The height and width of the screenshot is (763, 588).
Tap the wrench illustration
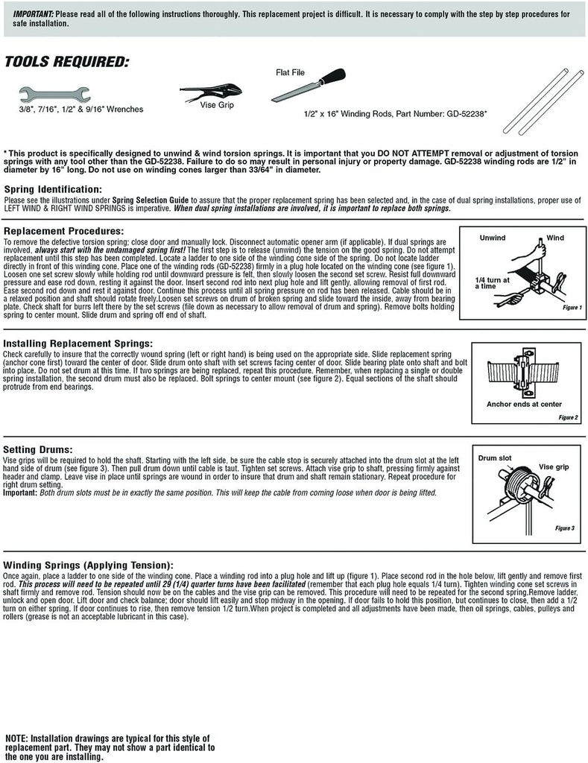pyautogui.click(x=54, y=94)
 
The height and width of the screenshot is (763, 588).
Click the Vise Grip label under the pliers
pyautogui.click(x=217, y=107)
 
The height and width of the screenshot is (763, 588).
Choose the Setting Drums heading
pyautogui.click(x=38, y=449)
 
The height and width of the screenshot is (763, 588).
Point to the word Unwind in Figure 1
pyautogui.click(x=492, y=238)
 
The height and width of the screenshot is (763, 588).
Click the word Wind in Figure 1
pyautogui.click(x=555, y=238)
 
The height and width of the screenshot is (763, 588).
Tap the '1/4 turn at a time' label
pyautogui.click(x=492, y=282)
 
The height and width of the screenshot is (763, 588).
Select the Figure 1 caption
pyautogui.click(x=572, y=307)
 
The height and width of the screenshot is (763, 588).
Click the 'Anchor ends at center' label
pyautogui.click(x=524, y=404)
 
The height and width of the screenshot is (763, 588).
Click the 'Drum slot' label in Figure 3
pyautogui.click(x=495, y=458)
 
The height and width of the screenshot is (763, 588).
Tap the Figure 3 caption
pyautogui.click(x=564, y=528)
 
